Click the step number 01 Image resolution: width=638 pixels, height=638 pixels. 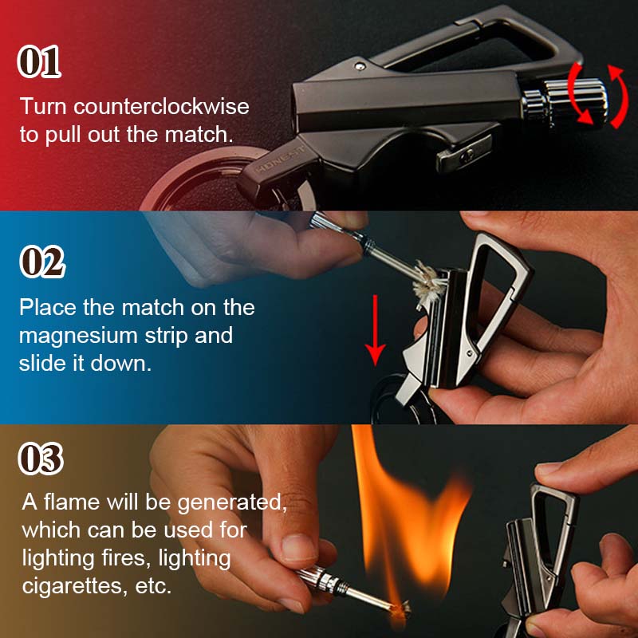(x=39, y=61)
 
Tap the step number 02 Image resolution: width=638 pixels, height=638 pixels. (x=42, y=262)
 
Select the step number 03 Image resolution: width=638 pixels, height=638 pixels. (x=41, y=459)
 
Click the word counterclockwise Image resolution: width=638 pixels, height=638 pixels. (x=161, y=107)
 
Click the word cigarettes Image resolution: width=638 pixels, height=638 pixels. (x=73, y=586)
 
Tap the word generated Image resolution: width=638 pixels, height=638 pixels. (x=232, y=503)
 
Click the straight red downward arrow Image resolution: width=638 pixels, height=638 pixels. (x=375, y=330)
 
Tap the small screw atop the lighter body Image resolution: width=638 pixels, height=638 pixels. (x=360, y=66)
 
